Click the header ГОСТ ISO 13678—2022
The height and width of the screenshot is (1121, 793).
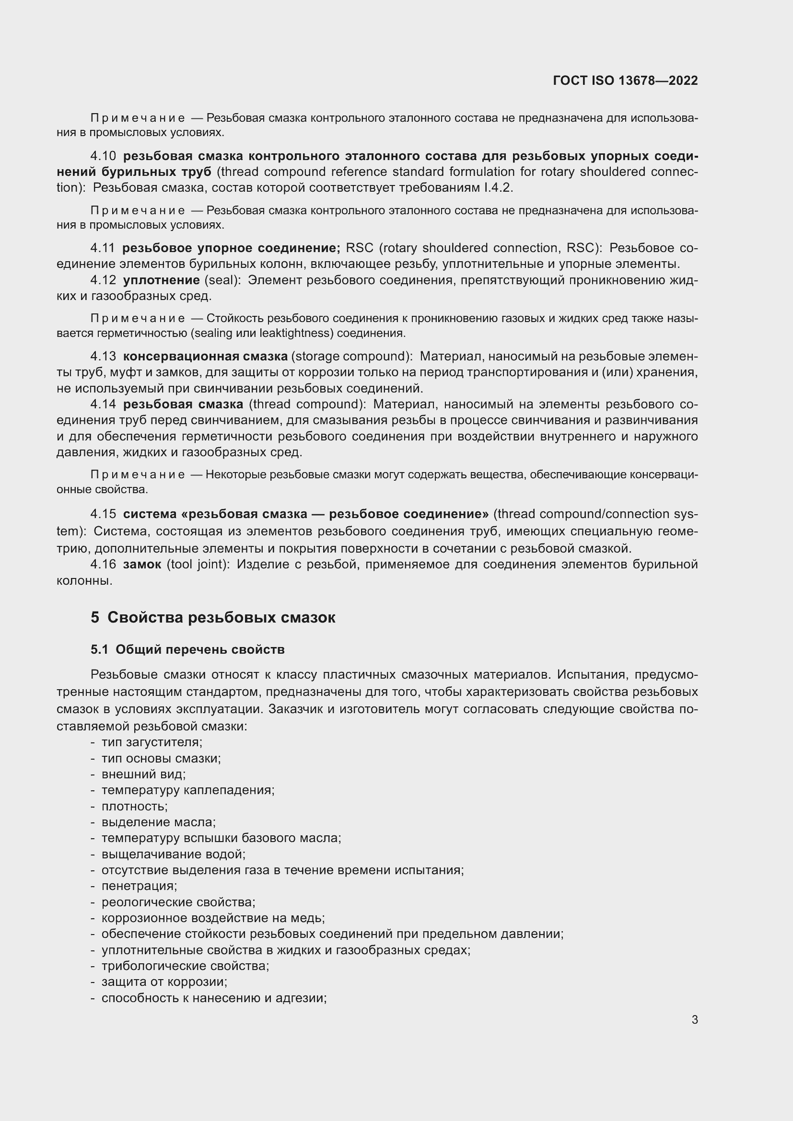coord(625,81)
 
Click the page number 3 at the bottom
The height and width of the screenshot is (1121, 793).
coord(694,1019)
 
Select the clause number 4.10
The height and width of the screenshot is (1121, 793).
coord(103,156)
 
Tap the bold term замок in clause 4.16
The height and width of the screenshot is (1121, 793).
coord(142,565)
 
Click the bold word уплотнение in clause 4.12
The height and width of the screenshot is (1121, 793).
coord(161,280)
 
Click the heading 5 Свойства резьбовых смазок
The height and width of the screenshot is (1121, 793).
coord(213,618)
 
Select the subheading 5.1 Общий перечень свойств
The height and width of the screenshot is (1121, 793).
coord(187,650)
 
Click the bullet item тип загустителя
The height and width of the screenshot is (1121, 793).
coord(152,742)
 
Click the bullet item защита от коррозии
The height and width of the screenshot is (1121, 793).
coord(164,982)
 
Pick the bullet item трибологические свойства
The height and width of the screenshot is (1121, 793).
coord(185,966)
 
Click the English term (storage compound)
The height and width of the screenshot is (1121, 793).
coord(352,357)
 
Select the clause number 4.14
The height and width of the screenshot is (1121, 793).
coord(103,404)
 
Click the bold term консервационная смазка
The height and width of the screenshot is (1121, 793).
coord(205,357)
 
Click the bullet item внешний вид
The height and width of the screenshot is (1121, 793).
coord(143,774)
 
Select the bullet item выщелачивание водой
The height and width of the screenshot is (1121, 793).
coord(173,854)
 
